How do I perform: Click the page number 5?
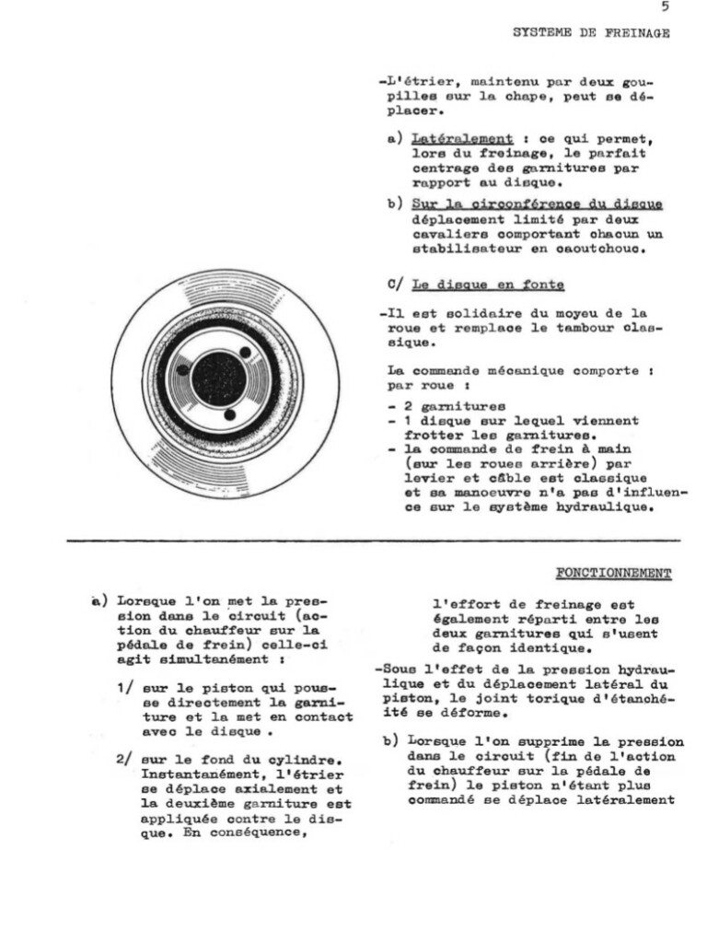pyautogui.click(x=664, y=7)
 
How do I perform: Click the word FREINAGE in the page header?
pyautogui.click(x=636, y=33)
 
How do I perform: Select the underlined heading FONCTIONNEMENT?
pyautogui.click(x=613, y=574)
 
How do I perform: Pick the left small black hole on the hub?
pyautogui.click(x=184, y=369)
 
